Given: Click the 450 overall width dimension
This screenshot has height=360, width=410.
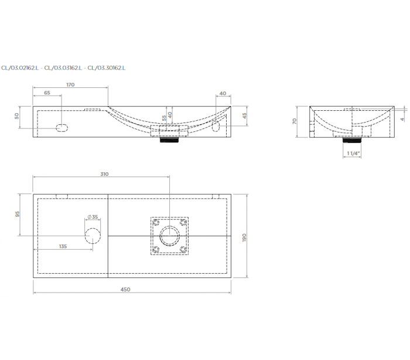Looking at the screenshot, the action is coord(125,290).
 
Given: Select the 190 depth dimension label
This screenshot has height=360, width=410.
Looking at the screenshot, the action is coord(244,237).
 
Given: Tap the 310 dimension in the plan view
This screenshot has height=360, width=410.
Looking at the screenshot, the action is coord(104,174).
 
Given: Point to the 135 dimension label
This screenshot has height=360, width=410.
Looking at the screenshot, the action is coord(63,246).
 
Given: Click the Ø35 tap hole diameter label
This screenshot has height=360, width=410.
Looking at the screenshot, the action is coord(93,217).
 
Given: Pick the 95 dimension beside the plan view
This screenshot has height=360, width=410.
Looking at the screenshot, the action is coord(18,214).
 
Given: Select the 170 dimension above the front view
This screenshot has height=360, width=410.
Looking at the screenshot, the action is coord(70,85).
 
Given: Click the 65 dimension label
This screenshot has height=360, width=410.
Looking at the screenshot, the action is coord(47,93).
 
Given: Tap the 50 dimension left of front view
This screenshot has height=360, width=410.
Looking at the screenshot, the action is coord(17,116).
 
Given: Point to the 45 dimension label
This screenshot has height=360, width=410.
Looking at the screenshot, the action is coord(244,116).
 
